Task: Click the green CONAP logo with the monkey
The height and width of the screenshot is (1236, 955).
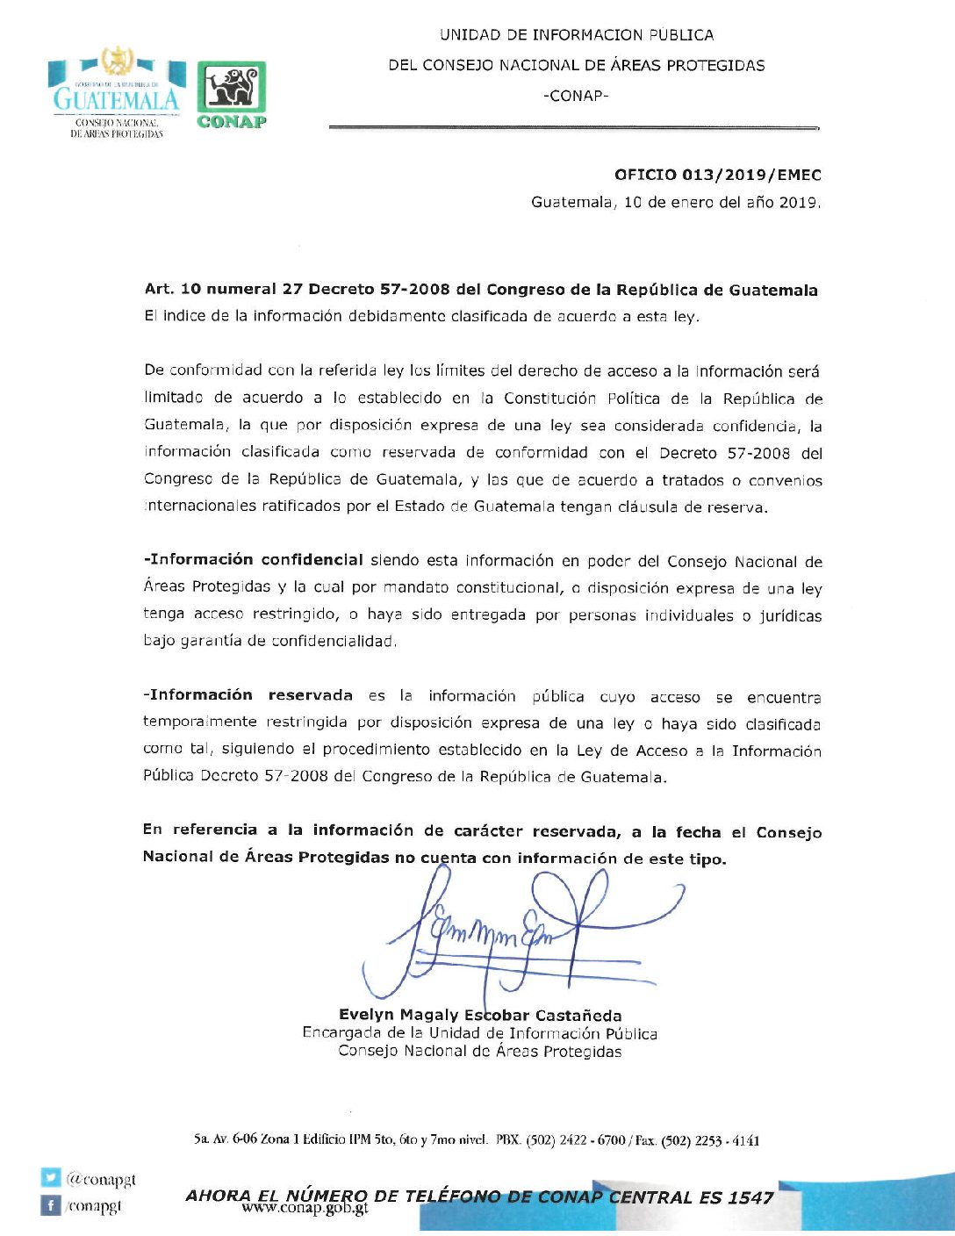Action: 231,95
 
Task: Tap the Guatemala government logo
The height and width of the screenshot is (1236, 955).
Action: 117,92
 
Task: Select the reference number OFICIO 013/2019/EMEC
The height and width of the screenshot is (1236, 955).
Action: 717,175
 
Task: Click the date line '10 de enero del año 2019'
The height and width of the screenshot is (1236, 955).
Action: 722,203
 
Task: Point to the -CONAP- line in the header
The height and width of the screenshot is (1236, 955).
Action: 576,96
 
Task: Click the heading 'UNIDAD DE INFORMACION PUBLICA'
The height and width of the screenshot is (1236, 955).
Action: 576,35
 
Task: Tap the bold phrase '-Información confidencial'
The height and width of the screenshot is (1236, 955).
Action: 253,560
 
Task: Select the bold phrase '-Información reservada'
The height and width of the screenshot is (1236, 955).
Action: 248,695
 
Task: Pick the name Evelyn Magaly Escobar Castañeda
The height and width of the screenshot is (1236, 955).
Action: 480,1016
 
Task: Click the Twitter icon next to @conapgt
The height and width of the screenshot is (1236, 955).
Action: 51,1178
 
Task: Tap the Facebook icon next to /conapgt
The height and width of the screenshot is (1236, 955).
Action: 51,1205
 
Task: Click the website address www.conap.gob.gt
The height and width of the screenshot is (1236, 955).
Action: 305,1209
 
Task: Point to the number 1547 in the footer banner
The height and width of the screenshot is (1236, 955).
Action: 750,1197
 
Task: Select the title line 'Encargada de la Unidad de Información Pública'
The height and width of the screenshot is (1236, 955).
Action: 479,1033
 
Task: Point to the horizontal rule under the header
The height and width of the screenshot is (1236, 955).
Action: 572,128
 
